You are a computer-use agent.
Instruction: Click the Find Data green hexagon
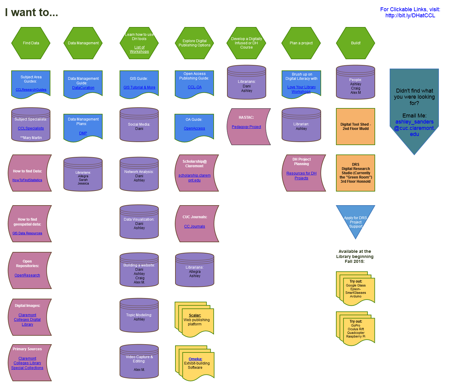(x=31, y=43)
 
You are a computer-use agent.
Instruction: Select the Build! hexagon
(x=356, y=43)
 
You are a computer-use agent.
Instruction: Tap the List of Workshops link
(x=139, y=49)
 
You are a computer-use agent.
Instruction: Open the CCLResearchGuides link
(x=31, y=90)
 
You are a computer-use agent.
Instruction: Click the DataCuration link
(x=83, y=88)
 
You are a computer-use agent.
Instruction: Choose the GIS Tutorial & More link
(x=139, y=87)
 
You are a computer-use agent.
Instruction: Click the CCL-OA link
(x=195, y=87)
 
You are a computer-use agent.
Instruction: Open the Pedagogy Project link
(x=246, y=127)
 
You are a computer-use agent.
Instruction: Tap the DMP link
(x=83, y=133)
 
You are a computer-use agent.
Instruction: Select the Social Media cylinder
(x=139, y=126)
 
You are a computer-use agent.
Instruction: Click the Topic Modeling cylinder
(x=139, y=317)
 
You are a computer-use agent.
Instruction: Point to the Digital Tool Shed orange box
(x=356, y=127)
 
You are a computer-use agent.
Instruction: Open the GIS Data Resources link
(x=27, y=233)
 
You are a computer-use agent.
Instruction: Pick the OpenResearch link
(x=27, y=275)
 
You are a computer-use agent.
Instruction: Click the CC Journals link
(x=195, y=226)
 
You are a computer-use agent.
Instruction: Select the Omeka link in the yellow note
(x=195, y=359)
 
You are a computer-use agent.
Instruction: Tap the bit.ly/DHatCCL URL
(x=410, y=15)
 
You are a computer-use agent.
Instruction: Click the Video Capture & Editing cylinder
(x=139, y=363)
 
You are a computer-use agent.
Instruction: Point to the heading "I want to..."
(x=32, y=12)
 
